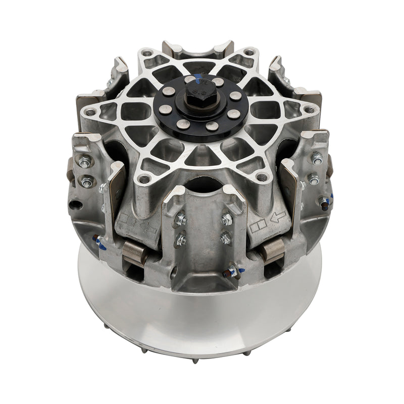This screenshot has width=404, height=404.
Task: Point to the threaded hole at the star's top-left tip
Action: [x=146, y=53]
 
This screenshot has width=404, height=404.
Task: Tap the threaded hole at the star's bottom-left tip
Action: [x=145, y=178]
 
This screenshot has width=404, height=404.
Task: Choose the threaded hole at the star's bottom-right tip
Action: [x=262, y=177]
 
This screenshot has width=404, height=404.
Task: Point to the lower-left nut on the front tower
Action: [x=181, y=239]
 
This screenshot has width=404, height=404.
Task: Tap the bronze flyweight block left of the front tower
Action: [x=135, y=252]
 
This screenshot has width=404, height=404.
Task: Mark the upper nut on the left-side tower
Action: [x=85, y=163]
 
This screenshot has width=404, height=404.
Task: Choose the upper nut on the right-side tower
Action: [x=317, y=160]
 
